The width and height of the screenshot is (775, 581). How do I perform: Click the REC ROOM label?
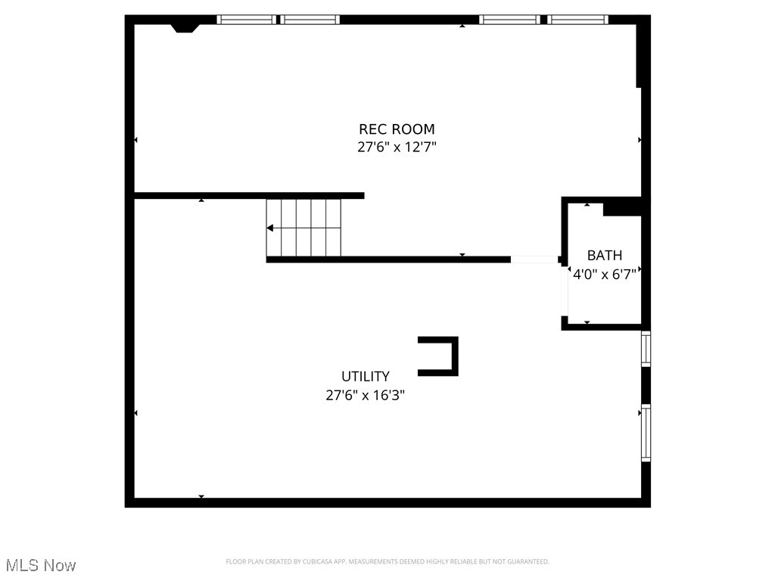tap(397, 129)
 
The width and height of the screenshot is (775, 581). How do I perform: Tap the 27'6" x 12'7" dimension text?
tap(397, 147)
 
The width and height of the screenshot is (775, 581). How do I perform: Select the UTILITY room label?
tap(366, 376)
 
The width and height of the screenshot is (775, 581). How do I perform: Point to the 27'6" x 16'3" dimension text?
tap(366, 394)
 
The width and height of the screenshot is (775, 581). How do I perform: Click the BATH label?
tap(605, 256)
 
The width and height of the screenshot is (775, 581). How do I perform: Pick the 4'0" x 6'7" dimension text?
tap(605, 274)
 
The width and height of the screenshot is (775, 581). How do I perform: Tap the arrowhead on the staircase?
tap(270, 228)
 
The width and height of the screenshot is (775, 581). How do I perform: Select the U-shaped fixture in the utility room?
tap(439, 356)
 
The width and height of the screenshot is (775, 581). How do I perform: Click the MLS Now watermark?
tap(41, 565)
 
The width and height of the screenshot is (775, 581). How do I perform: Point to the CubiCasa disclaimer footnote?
tap(387, 561)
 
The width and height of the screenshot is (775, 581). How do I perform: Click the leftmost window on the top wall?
tap(246, 20)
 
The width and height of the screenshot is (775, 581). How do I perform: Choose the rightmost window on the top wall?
tap(579, 20)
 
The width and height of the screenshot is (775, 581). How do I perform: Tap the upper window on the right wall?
tap(646, 349)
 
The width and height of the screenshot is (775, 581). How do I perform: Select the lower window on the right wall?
tap(646, 433)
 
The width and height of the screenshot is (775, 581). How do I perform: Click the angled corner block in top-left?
tap(184, 28)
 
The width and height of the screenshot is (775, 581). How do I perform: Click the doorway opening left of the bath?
tap(534, 259)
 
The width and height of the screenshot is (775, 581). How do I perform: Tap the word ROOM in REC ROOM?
tap(414, 129)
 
